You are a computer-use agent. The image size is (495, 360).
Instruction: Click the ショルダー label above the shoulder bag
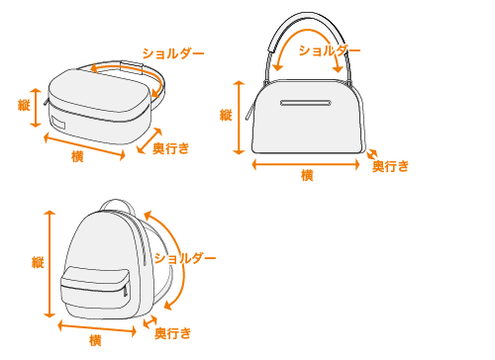pos(173,53)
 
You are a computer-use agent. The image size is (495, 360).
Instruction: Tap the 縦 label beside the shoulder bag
pos(24,105)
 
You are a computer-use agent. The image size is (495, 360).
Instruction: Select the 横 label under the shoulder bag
pos(77,156)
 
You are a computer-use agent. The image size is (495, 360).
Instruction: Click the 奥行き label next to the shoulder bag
pos(171,148)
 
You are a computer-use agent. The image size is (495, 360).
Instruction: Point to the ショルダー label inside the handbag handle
pos(330,50)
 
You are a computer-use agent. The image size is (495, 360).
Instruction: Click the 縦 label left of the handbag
pos(226,115)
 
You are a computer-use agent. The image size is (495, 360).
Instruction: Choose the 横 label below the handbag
pos(307,175)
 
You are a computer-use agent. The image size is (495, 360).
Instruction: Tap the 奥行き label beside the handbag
pos(391,166)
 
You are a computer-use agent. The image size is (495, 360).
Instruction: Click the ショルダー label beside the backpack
pos(185,258)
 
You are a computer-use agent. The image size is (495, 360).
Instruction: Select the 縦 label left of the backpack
pos(38,262)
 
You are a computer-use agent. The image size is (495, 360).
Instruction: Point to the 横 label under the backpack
pos(95,340)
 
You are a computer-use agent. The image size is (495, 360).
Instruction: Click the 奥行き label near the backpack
pos(173,333)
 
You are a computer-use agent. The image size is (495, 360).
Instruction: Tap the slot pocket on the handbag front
pos(306,103)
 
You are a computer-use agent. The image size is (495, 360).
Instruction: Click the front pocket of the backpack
pos(95,288)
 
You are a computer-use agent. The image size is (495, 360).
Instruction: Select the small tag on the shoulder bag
pos(58,123)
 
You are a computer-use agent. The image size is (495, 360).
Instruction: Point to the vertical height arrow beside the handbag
pos(239,118)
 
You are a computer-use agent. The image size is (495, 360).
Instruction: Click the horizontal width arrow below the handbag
pos(306,164)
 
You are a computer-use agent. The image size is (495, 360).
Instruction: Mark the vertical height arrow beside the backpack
pos(49,264)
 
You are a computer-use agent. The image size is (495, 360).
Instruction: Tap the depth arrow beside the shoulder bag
pos(149,140)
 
